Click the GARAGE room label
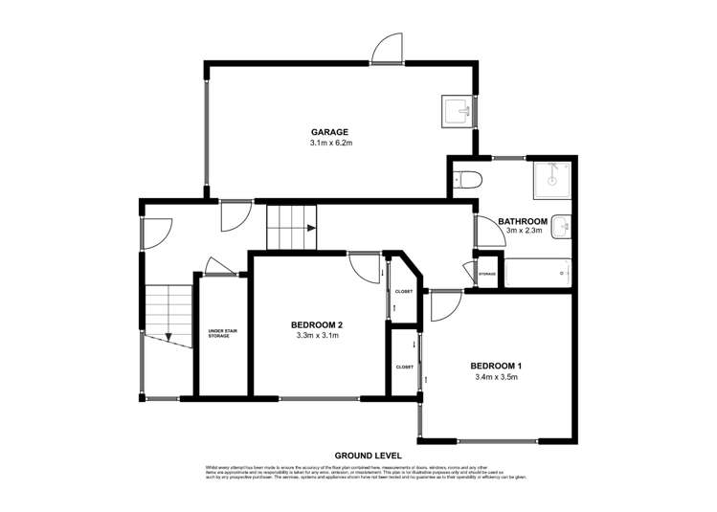pyautogui.click(x=328, y=131)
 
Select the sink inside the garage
pyautogui.click(x=456, y=112)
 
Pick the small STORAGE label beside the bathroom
pyautogui.click(x=487, y=274)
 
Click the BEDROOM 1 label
pyautogui.click(x=496, y=366)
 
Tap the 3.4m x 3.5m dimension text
pyautogui.click(x=496, y=377)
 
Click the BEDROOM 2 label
pyautogui.click(x=317, y=324)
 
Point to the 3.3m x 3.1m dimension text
pyautogui.click(x=317, y=336)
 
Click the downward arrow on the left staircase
pyautogui.click(x=168, y=336)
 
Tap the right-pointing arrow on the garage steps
pyautogui.click(x=310, y=229)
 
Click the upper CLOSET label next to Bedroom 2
pyautogui.click(x=403, y=291)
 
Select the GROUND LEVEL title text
pyautogui.click(x=368, y=455)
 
